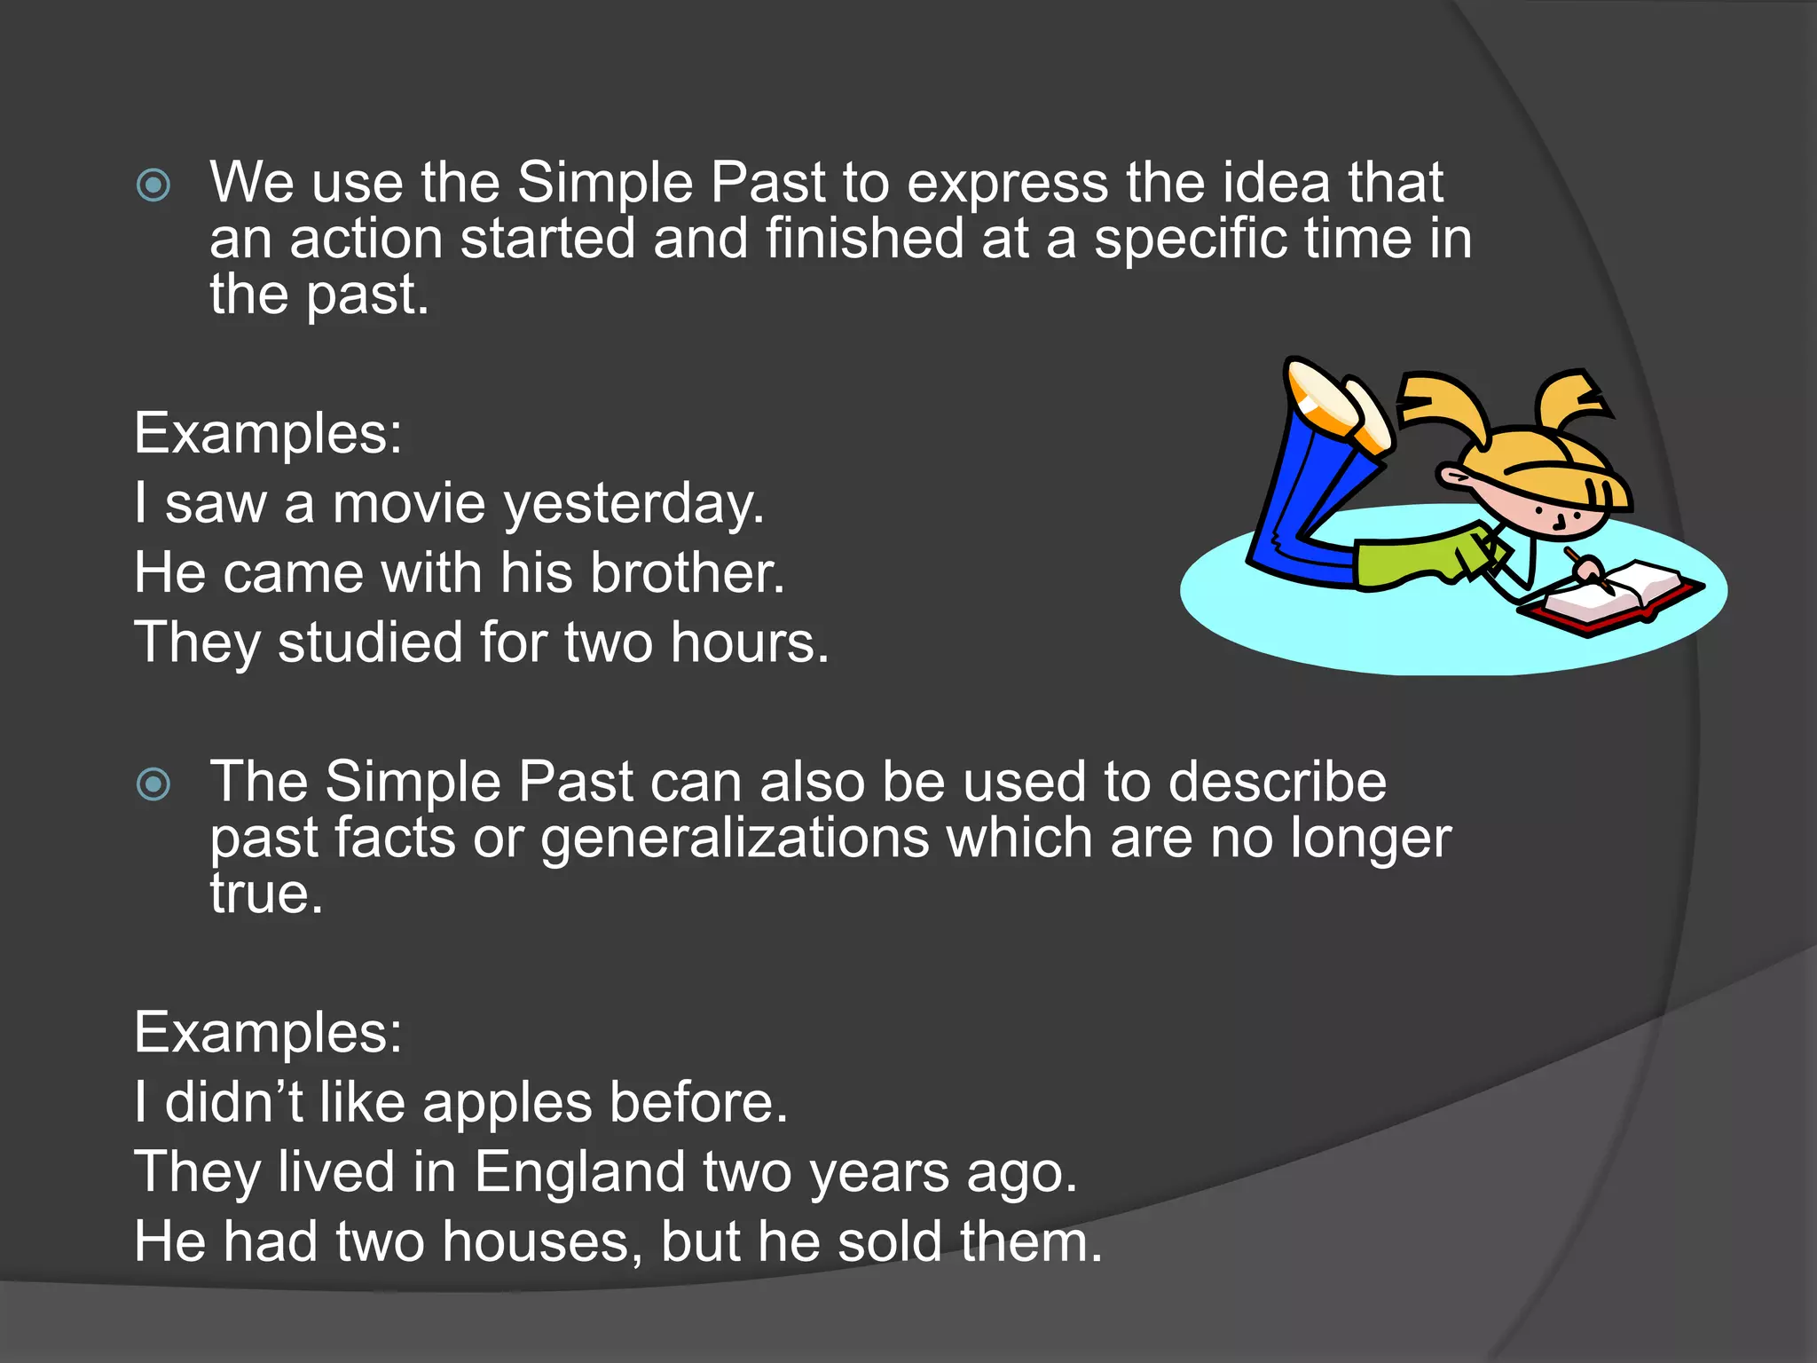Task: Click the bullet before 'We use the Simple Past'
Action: pos(153,185)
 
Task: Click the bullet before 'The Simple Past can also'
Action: pos(153,784)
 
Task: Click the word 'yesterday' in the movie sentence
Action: pos(633,504)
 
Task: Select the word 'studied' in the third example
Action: pos(370,642)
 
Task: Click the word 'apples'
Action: pos(507,1104)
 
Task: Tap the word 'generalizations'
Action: pos(735,839)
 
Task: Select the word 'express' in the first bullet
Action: pos(1007,184)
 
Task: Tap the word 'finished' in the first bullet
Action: pos(864,240)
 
